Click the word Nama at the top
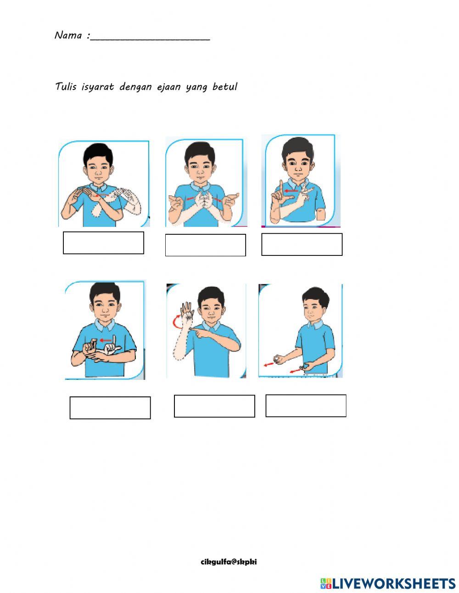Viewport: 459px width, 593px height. pos(68,35)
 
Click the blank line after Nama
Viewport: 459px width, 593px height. pos(150,40)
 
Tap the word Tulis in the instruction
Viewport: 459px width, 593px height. pos(66,86)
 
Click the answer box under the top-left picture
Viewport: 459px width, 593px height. pos(103,243)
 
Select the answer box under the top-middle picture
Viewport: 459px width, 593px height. pos(206,245)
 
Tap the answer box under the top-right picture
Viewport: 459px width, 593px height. pos(302,244)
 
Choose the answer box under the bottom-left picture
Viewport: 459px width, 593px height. pos(110,408)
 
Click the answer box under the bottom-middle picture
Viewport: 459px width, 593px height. pos(214,406)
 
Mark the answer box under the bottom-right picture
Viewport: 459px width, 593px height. pos(306,406)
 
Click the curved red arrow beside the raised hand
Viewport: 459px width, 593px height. pos(174,322)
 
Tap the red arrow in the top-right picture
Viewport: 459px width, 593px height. pos(291,191)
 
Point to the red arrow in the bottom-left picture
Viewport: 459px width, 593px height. pos(106,340)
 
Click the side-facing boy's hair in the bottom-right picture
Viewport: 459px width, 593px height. pos(316,296)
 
